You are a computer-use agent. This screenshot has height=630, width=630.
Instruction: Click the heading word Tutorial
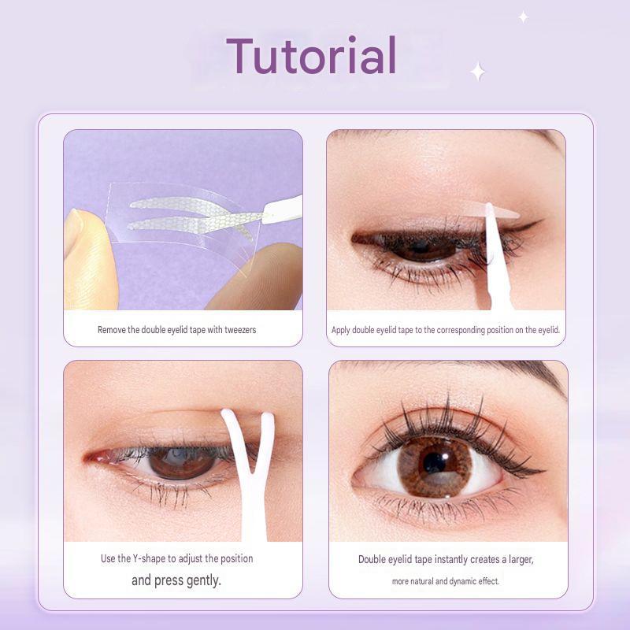click(312, 55)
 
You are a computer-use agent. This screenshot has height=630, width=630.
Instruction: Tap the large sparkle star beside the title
click(478, 72)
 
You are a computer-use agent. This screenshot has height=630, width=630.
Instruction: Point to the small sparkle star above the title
click(523, 17)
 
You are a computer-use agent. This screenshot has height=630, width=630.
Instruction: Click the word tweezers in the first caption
click(240, 330)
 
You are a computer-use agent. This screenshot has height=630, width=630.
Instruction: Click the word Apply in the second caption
click(340, 330)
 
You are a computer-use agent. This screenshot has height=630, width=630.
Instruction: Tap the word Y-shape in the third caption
click(149, 558)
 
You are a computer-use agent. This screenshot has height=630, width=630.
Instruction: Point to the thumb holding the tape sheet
click(89, 260)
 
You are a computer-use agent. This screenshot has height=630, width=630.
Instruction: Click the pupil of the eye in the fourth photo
click(435, 462)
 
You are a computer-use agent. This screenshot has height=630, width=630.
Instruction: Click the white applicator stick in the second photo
click(497, 258)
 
